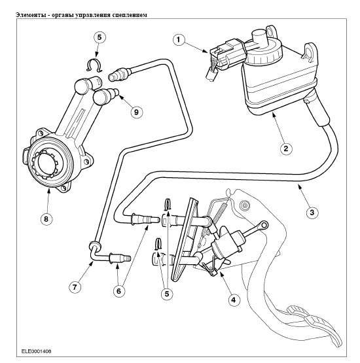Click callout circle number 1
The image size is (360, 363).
click(179, 40)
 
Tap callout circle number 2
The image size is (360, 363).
click(285, 148)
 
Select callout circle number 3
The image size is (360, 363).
click(312, 212)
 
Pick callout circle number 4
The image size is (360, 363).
click(233, 300)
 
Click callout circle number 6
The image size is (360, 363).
click(118, 291)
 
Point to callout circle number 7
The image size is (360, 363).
click(75, 287)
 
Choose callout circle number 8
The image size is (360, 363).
click(46, 218)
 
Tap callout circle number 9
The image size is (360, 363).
click(136, 112)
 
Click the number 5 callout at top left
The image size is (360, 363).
click(99, 37)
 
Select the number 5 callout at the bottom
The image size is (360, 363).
click(167, 294)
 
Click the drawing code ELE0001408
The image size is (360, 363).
click(37, 351)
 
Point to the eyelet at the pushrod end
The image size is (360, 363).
click(263, 224)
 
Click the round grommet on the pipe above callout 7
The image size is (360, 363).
click(95, 246)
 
